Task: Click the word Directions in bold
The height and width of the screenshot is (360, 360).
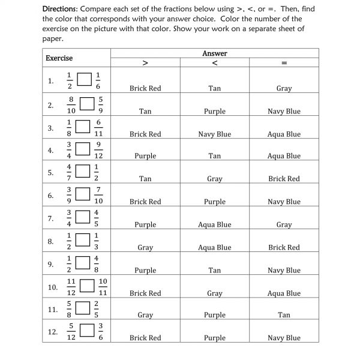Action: [62, 9]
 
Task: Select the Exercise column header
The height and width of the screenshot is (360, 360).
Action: [59, 58]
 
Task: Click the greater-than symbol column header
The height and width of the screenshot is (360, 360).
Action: [145, 62]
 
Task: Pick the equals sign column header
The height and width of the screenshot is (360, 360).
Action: [284, 62]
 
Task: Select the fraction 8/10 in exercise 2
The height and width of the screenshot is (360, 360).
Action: [71, 104]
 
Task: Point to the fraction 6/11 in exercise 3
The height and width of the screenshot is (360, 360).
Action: [98, 127]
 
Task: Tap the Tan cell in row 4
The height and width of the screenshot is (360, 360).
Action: [215, 156]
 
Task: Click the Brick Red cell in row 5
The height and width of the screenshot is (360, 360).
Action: [284, 179]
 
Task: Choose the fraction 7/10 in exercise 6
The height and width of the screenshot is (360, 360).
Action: [98, 196]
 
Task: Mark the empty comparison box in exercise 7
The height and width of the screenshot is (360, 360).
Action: [84, 218]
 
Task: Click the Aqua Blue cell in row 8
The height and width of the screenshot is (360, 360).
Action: [215, 247]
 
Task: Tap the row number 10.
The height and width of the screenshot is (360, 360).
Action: [52, 287]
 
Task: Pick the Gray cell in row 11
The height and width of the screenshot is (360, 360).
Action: [145, 315]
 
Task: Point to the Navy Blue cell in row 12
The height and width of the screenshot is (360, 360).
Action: [284, 338]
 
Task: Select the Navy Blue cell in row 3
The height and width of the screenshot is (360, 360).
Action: [215, 134]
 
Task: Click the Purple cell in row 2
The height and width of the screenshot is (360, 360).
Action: [215, 112]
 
